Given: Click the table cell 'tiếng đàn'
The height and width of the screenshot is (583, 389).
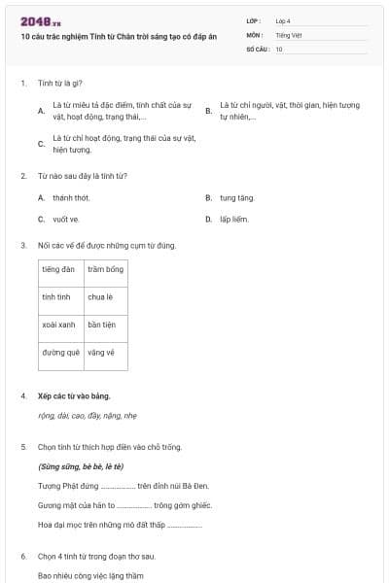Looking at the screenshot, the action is [x=60, y=269].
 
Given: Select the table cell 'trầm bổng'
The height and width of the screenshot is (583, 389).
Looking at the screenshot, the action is [x=105, y=269].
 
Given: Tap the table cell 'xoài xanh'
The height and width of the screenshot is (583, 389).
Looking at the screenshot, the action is [x=60, y=325].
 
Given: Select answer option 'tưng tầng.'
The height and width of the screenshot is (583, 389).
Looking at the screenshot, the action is [x=236, y=197].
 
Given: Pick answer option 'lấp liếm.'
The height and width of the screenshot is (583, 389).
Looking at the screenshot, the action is [x=234, y=219].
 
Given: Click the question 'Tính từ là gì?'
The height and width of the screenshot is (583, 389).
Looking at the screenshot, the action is [x=56, y=84].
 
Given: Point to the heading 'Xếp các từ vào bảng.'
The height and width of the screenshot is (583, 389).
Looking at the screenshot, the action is [x=74, y=395].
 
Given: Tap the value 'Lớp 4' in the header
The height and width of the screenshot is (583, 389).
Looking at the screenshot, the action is [x=283, y=20].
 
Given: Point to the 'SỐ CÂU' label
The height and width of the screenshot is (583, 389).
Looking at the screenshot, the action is [x=257, y=49].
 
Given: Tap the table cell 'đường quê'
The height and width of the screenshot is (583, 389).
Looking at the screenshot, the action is [x=60, y=352].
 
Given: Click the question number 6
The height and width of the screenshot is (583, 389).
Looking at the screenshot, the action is [x=22, y=556].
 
